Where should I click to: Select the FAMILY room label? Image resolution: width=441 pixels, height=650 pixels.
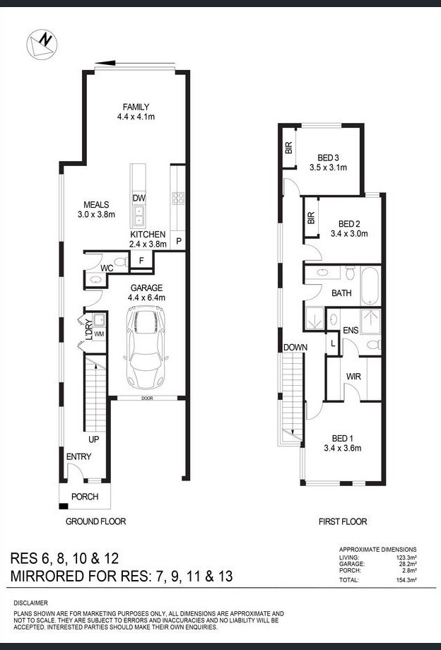(x=136, y=107)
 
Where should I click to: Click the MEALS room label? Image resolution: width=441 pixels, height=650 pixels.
(x=96, y=204)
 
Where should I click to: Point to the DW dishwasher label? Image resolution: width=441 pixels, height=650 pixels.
(x=139, y=199)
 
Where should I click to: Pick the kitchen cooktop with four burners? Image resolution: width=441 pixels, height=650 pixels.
(x=178, y=199)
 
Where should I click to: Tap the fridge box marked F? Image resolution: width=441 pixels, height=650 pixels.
(x=142, y=261)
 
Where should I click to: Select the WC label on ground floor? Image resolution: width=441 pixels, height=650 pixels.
(x=107, y=268)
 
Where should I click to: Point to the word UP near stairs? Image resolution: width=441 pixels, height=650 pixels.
(x=93, y=439)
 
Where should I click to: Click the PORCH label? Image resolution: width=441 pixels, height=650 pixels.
(x=85, y=497)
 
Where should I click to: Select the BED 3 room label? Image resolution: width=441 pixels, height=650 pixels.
(x=329, y=158)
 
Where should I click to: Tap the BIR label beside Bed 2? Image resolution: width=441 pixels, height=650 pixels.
(x=311, y=219)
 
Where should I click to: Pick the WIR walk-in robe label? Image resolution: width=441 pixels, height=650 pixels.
(x=353, y=377)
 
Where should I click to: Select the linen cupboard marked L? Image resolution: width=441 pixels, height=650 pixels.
(x=332, y=343)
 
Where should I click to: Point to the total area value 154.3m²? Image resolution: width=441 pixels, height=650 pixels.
(x=406, y=579)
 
